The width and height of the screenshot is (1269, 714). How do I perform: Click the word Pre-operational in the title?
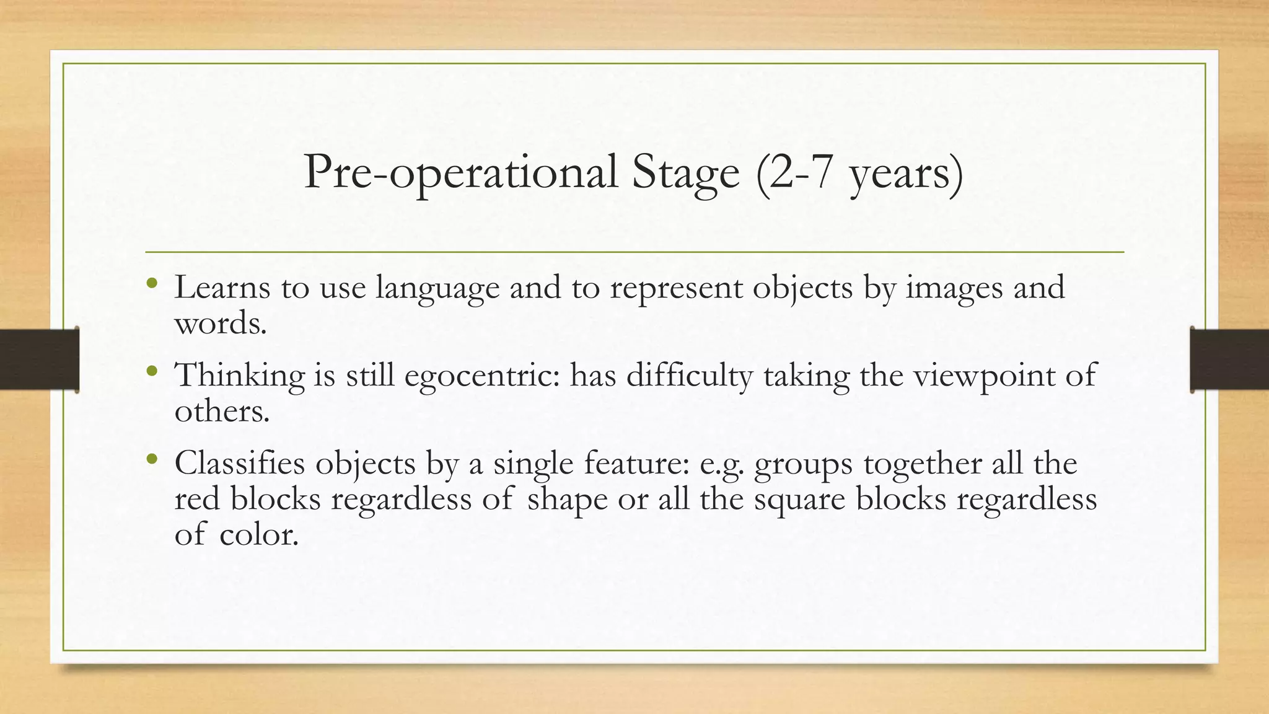pos(460,173)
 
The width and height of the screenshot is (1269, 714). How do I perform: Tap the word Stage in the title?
pos(685,173)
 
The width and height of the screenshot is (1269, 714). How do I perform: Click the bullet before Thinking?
pos(152,372)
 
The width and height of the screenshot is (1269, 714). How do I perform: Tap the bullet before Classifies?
pos(152,460)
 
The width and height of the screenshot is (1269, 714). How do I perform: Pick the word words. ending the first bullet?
pos(221,323)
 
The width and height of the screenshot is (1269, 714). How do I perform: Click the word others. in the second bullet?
pos(222,411)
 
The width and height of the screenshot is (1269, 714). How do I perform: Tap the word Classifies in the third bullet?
pos(240,464)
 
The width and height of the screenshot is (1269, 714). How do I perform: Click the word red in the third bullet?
pos(196,499)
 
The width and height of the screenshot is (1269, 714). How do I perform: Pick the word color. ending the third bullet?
pos(258,534)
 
